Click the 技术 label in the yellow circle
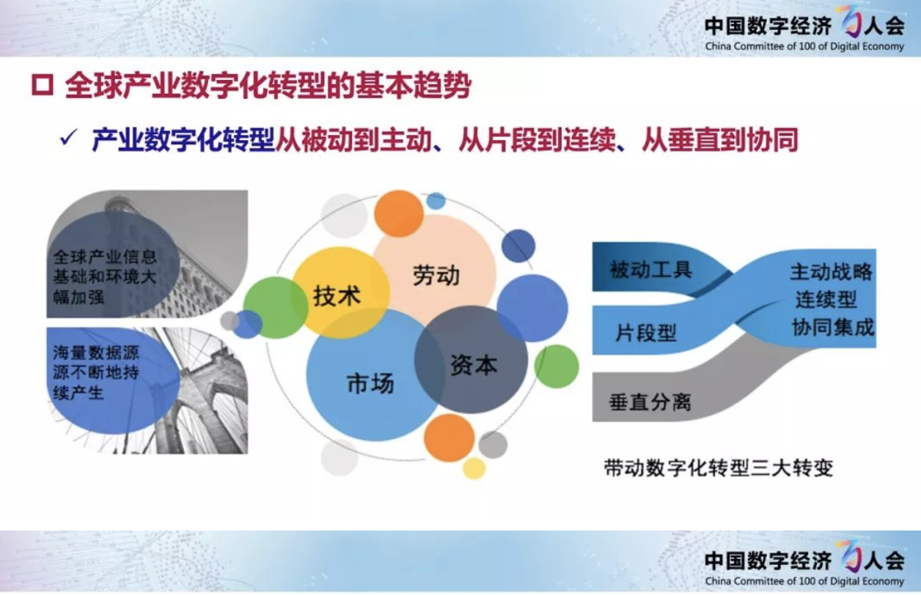tap(337, 296)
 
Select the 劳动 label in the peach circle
tap(436, 276)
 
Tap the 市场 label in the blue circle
tap(370, 383)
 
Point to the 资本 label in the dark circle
tap(474, 365)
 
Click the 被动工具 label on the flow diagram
tap(651, 270)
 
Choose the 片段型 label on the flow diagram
tap(646, 333)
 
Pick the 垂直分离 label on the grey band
tap(650, 402)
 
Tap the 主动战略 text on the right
tap(831, 272)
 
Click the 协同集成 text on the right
tap(833, 328)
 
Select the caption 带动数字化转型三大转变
tap(719, 468)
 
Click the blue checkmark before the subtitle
tap(68, 137)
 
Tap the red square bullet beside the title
tap(43, 86)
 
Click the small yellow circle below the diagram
tap(474, 468)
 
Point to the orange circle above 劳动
tap(399, 214)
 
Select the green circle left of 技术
tap(276, 307)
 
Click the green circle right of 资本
tap(557, 366)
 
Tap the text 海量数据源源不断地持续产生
tap(96, 373)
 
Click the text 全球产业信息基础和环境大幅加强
tap(105, 277)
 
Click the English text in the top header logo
tap(804, 46)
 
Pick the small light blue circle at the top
tap(436, 201)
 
